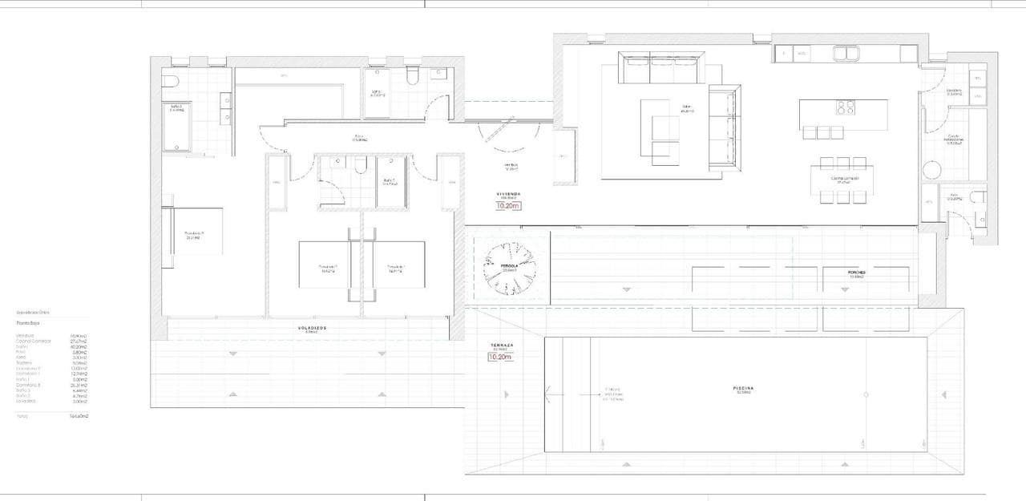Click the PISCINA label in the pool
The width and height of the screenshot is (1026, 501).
(743, 389)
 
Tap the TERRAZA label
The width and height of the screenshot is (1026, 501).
(503, 345)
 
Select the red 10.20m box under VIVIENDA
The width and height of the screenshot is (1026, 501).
(509, 206)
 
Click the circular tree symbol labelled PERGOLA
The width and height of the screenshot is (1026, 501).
(509, 268)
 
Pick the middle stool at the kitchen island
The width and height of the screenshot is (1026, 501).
(823, 133)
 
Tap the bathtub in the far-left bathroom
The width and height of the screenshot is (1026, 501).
(177, 127)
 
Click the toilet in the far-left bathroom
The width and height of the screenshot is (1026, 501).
(168, 81)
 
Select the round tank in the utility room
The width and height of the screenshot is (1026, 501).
(932, 170)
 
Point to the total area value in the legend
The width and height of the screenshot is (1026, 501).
(79, 416)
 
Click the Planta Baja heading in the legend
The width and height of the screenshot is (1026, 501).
(28, 323)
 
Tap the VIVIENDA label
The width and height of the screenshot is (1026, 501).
(509, 194)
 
